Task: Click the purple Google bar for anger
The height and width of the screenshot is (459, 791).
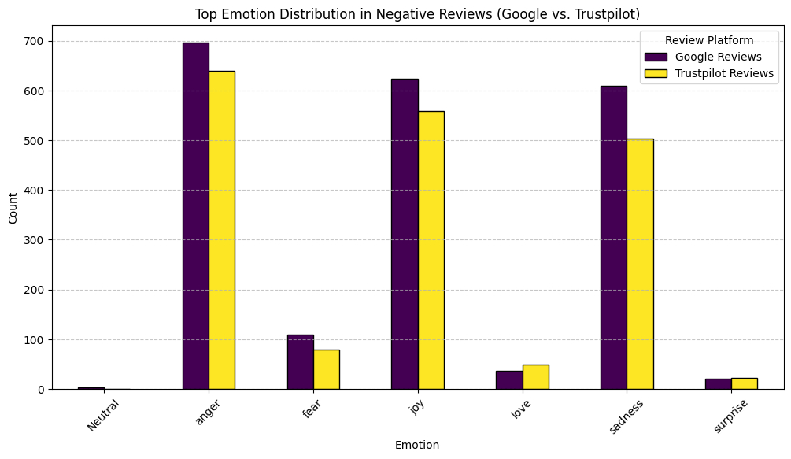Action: [x=196, y=216]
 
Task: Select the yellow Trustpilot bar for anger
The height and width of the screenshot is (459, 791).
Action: [x=222, y=230]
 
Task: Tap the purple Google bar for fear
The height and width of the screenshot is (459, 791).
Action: [x=300, y=362]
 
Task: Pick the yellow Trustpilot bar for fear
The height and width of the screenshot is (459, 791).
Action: [x=327, y=369]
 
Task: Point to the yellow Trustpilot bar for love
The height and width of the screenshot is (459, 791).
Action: [x=535, y=377]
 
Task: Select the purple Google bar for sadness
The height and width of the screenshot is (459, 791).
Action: [x=614, y=238]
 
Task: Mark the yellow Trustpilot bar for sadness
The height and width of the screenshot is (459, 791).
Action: [x=640, y=264]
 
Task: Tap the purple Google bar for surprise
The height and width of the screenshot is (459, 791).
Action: [x=718, y=384]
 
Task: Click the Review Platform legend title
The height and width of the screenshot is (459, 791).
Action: [x=709, y=40]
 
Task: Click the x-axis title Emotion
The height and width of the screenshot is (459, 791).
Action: [x=417, y=445]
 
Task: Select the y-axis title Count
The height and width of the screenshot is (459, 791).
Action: [x=13, y=208]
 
